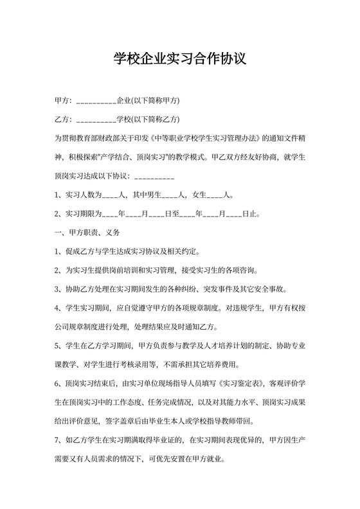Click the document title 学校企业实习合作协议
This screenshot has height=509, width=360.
[179, 59]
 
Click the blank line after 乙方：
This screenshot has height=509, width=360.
[96, 120]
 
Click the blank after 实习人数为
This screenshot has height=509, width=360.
[110, 195]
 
